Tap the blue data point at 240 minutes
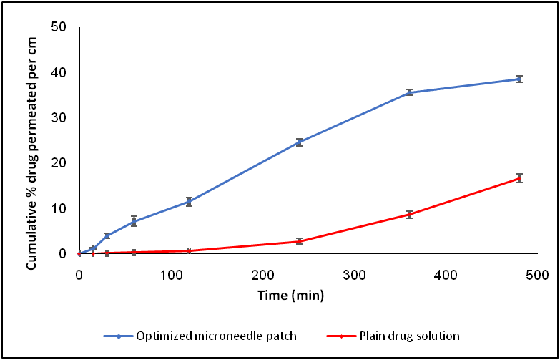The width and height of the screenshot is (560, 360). (x=299, y=142)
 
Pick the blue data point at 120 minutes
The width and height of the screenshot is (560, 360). (x=189, y=202)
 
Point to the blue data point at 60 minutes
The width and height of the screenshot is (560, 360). (x=134, y=221)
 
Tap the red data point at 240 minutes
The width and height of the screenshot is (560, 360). (x=299, y=241)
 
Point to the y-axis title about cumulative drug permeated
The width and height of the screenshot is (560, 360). (x=32, y=153)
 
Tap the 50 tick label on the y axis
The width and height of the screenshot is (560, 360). (x=59, y=27)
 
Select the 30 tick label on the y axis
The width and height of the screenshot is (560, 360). (x=59, y=118)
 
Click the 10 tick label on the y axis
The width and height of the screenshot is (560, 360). (x=59, y=209)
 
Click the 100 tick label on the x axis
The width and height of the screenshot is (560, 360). (x=170, y=274)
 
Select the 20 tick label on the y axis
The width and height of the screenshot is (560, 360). (x=59, y=163)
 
